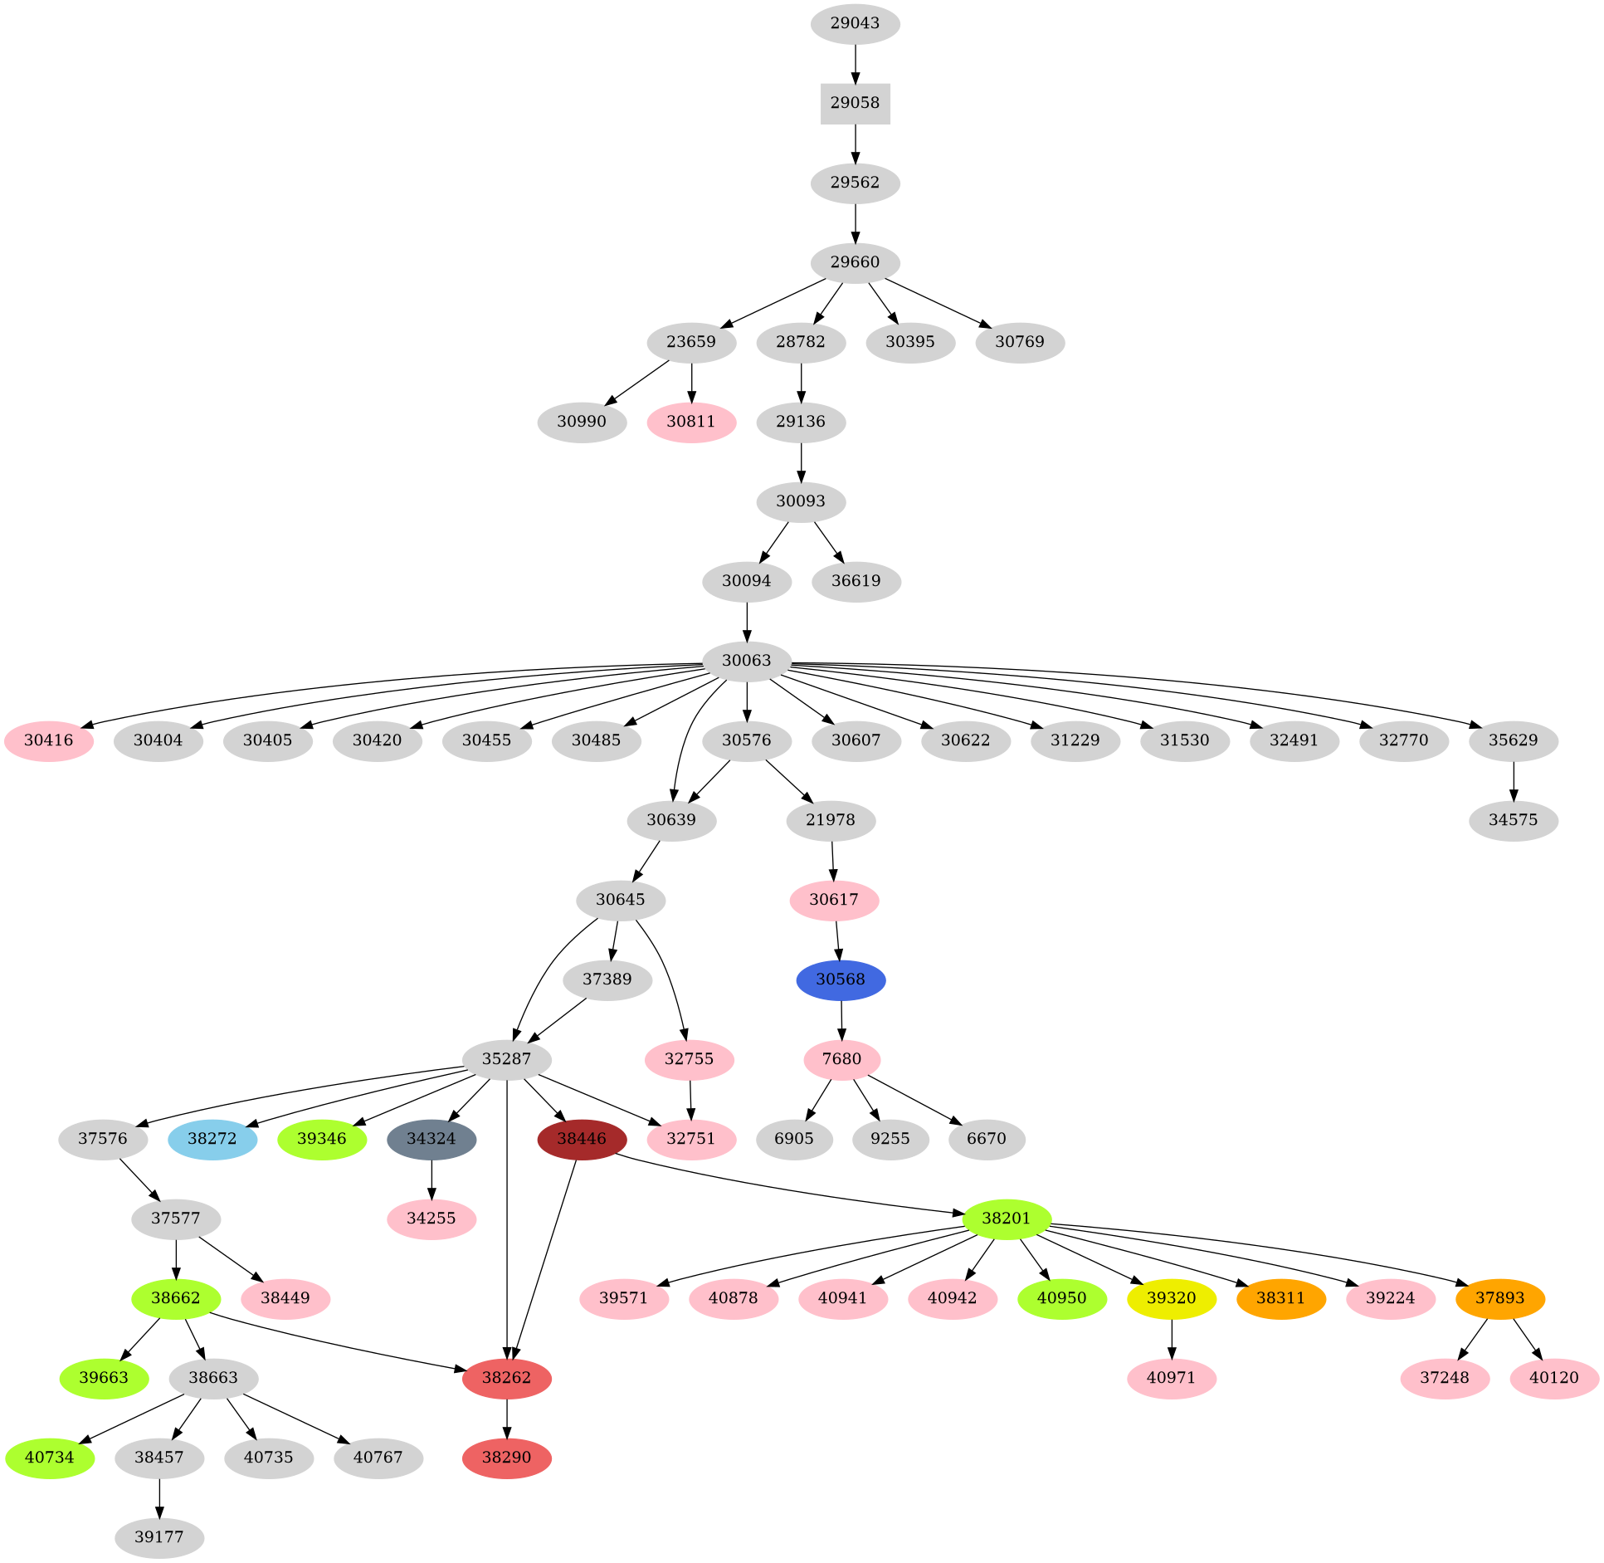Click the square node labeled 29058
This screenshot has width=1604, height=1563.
click(855, 103)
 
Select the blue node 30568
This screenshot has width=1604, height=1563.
click(841, 979)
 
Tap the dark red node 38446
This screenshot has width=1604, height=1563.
click(581, 1138)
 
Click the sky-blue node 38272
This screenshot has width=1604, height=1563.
click(212, 1138)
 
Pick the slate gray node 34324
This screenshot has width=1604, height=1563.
click(431, 1138)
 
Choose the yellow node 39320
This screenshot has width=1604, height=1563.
click(1171, 1297)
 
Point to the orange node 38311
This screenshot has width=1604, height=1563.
click(1280, 1297)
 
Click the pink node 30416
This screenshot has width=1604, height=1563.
click(49, 740)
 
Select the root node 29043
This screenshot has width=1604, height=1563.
click(855, 23)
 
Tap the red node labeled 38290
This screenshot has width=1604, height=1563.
click(506, 1457)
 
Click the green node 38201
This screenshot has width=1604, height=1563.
click(1007, 1219)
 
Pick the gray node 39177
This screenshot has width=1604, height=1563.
click(158, 1536)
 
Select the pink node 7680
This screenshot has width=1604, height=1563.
click(841, 1059)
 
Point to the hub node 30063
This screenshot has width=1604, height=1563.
click(746, 661)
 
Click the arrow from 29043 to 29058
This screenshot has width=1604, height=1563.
click(855, 63)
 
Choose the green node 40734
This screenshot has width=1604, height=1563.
click(50, 1457)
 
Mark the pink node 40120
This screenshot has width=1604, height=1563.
click(1553, 1377)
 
